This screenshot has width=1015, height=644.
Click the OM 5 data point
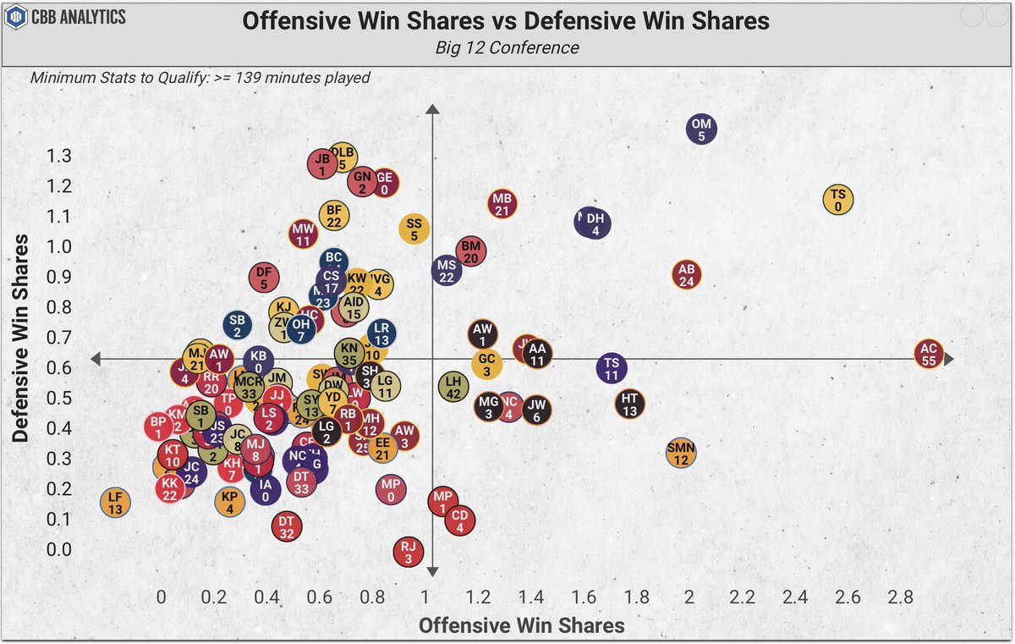coord(701,129)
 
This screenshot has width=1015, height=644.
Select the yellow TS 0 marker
coord(837,200)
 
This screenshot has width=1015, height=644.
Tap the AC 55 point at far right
coord(929,354)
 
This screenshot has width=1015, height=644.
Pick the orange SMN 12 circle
coord(681,453)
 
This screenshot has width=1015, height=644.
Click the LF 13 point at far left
coord(115,503)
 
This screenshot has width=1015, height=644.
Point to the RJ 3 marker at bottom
coord(409,552)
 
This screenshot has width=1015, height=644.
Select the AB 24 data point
coord(687,275)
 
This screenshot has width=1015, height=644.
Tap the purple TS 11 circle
coord(612,367)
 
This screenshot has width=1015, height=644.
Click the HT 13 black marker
coord(629,404)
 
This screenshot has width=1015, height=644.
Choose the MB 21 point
coord(502,203)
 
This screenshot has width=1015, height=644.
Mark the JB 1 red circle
coord(321,163)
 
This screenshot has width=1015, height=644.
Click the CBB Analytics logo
coord(68,17)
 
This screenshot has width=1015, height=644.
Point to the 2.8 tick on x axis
coord(900,597)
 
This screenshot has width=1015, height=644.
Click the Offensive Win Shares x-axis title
coord(522,625)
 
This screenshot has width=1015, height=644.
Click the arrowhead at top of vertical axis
coord(432,110)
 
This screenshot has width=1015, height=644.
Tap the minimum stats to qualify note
coord(200,78)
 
